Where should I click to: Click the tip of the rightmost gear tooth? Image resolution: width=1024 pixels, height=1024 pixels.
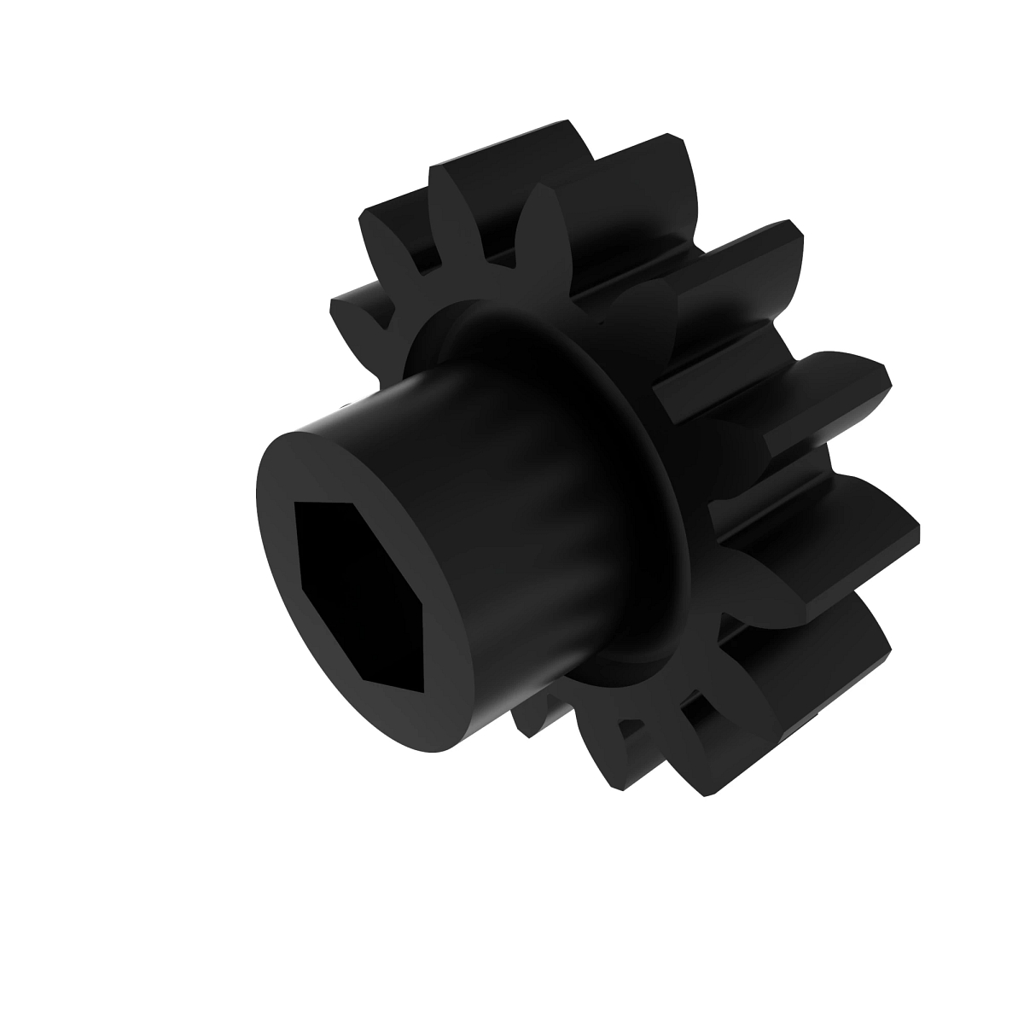point(905,529)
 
